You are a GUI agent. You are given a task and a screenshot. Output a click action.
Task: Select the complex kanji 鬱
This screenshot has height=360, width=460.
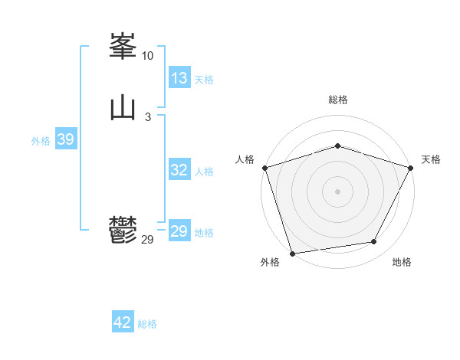tap(123, 229)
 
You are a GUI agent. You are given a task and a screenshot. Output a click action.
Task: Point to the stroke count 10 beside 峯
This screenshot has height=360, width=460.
tap(147, 56)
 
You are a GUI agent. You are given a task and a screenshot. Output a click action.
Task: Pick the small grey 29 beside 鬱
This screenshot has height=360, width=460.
tap(148, 240)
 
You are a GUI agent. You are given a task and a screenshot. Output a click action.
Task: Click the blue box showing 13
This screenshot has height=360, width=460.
tap(179, 78)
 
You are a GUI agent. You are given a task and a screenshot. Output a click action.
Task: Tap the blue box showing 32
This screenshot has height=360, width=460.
tap(179, 170)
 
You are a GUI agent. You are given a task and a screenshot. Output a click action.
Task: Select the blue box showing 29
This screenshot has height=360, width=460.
tap(179, 231)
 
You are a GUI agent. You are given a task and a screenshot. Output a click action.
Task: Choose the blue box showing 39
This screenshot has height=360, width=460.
tap(65, 139)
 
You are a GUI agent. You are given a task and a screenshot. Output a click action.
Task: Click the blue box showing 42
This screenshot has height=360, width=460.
tap(123, 322)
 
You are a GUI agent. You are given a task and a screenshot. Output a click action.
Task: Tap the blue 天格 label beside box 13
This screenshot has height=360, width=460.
tap(204, 80)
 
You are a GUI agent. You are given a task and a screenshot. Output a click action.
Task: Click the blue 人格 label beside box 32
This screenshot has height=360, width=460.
tap(204, 172)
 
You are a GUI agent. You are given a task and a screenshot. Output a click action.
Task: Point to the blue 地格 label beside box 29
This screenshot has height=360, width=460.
tap(204, 233)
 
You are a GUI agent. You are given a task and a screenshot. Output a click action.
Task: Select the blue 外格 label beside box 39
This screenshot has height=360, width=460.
tap(41, 141)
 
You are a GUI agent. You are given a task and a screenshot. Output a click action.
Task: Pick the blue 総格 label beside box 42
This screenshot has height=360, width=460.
tap(147, 324)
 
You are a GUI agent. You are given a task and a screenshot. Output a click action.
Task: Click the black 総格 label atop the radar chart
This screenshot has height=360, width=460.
tap(337, 100)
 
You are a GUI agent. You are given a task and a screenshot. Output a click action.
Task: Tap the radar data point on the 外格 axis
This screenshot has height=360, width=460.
tap(292, 253)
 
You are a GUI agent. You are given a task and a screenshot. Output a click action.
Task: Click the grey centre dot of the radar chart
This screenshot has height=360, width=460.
tap(337, 191)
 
